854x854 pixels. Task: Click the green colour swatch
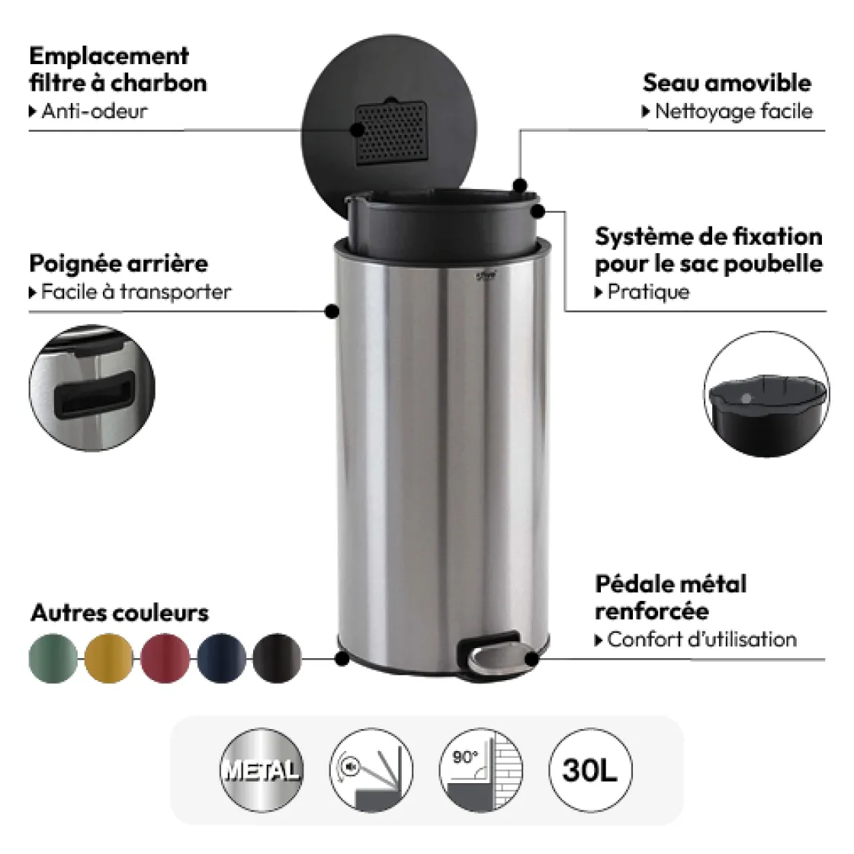(x=53, y=658)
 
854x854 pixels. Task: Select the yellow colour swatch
(x=109, y=658)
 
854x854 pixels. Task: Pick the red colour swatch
(x=165, y=658)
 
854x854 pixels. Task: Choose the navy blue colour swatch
(x=221, y=658)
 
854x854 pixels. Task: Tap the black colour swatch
(x=278, y=658)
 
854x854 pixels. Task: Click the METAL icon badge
(x=262, y=770)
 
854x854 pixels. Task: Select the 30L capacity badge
(x=590, y=770)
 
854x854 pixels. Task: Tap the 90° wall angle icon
(x=481, y=770)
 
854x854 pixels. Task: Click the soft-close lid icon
(x=371, y=770)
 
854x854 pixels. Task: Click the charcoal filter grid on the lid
(x=390, y=132)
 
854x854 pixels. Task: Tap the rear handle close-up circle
(x=92, y=388)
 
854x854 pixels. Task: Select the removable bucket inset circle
(x=766, y=393)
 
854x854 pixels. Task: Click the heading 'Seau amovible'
(x=727, y=83)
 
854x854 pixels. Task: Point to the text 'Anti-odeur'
(x=95, y=111)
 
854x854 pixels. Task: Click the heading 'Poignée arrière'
(x=118, y=264)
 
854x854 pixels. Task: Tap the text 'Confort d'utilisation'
(x=701, y=639)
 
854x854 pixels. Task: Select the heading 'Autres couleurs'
(x=120, y=613)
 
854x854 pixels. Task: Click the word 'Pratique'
(x=648, y=292)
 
